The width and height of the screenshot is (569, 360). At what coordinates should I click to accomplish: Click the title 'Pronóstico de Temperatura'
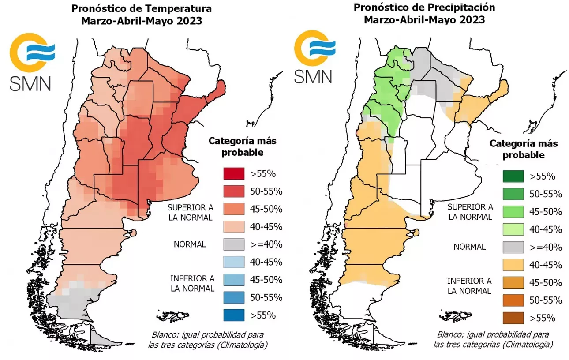tap(142, 9)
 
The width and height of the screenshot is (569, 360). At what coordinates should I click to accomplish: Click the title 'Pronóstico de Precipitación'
tap(424, 7)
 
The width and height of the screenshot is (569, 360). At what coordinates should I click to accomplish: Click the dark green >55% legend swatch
tap(513, 176)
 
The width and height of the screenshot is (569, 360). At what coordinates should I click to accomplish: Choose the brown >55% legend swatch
tap(513, 318)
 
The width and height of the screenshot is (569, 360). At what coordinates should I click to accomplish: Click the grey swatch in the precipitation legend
tap(513, 247)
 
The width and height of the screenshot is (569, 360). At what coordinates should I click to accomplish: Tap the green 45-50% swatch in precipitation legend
tap(513, 211)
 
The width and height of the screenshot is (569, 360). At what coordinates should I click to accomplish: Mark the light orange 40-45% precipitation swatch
tap(513, 265)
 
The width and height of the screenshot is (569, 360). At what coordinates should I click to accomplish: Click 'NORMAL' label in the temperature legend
tap(190, 244)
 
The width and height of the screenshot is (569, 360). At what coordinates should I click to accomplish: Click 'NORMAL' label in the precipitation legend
tap(469, 247)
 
